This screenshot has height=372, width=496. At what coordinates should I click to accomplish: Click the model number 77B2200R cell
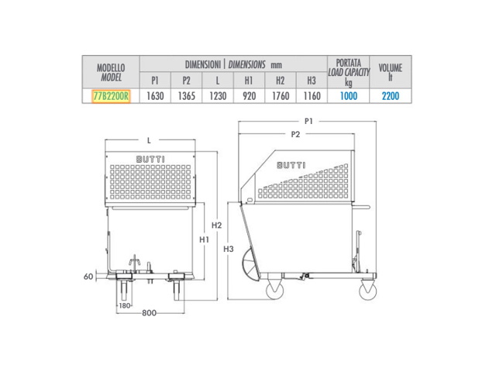[x=111, y=96]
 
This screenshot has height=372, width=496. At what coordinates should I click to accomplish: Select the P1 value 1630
[x=155, y=96]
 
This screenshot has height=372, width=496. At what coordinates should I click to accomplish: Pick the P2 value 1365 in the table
[x=186, y=96]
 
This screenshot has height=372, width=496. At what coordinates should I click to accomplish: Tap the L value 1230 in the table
[x=218, y=96]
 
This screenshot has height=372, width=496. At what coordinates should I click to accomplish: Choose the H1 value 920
[x=249, y=96]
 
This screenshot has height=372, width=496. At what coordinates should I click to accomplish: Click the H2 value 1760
[x=281, y=96]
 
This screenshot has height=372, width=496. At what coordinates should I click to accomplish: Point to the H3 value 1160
[x=312, y=96]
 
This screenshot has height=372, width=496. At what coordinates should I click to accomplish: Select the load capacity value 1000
[x=349, y=96]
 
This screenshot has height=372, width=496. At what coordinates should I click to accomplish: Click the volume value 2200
[x=391, y=96]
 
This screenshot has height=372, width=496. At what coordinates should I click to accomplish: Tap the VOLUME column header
[x=391, y=67]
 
